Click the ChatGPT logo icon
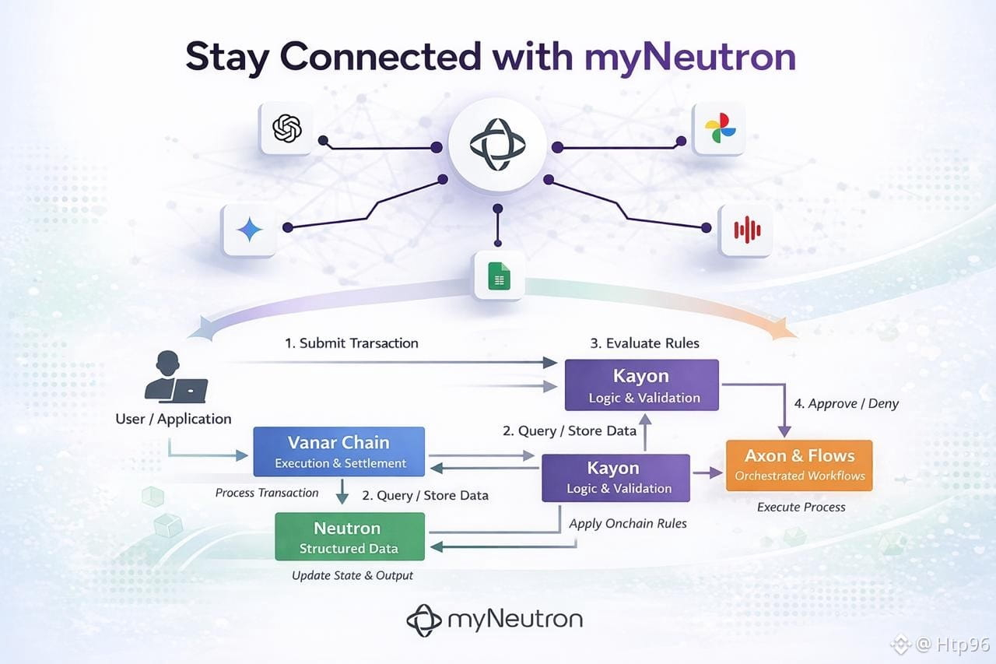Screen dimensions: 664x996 pyautogui.click(x=286, y=128)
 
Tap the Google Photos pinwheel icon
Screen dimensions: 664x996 pyautogui.click(x=717, y=129)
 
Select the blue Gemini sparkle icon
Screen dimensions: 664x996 pyautogui.click(x=249, y=230)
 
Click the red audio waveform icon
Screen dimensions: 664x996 pyautogui.click(x=746, y=230)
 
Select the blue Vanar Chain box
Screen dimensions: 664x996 pyautogui.click(x=339, y=451)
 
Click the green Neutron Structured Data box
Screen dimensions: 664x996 pyautogui.click(x=349, y=536)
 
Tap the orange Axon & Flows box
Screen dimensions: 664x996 pyautogui.click(x=799, y=465)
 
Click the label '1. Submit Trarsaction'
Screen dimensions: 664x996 pyautogui.click(x=352, y=343)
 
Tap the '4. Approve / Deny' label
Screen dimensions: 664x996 pyautogui.click(x=846, y=403)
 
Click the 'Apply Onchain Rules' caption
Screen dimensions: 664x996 pyautogui.click(x=628, y=523)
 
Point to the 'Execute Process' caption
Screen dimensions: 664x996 pyautogui.click(x=801, y=507)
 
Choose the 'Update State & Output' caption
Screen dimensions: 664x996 pyautogui.click(x=352, y=575)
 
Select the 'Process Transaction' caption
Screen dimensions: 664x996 pyautogui.click(x=267, y=493)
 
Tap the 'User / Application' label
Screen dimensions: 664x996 pyautogui.click(x=174, y=419)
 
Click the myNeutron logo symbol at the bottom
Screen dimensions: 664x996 pyautogui.click(x=424, y=620)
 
